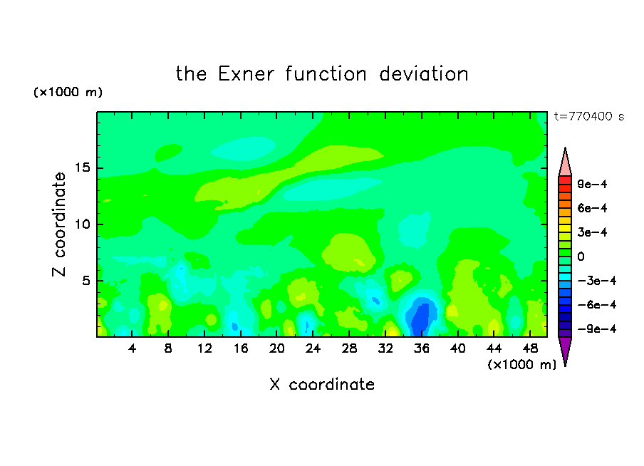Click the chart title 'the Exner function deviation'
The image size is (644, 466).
point(322,74)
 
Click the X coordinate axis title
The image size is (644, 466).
point(322,384)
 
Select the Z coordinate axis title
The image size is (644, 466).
point(58,224)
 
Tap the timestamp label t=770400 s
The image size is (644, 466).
point(589,116)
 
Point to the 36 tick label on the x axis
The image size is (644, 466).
point(422,348)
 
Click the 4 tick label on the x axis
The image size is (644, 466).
point(132,348)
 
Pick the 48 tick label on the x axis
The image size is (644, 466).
point(530,348)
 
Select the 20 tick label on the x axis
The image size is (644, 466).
point(277,348)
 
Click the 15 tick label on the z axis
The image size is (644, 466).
point(83,167)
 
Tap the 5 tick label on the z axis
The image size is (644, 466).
point(86,281)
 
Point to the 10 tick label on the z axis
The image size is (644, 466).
point(83,224)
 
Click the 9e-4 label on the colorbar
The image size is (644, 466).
point(592,184)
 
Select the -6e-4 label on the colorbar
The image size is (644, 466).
point(597,305)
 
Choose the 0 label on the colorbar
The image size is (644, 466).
point(581,257)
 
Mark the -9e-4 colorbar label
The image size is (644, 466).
point(597,328)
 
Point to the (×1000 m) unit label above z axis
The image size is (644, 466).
point(68,92)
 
